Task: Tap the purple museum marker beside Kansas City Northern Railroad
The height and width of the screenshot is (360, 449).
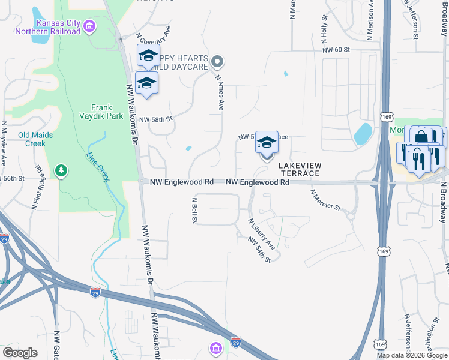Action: [89, 25]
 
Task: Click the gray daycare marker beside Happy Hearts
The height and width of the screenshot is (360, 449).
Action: [218, 61]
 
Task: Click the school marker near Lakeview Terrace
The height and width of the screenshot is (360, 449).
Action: [267, 144]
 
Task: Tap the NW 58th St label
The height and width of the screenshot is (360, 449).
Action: [155, 119]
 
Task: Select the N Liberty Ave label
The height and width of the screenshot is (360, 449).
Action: [262, 234]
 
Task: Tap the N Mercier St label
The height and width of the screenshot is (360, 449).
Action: [325, 200]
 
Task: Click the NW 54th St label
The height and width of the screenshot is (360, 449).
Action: [259, 248]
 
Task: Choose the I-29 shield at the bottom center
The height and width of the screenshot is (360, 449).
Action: [236, 342]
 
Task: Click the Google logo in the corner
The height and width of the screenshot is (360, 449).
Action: [20, 353]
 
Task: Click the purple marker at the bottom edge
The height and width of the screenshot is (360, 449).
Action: [215, 348]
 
